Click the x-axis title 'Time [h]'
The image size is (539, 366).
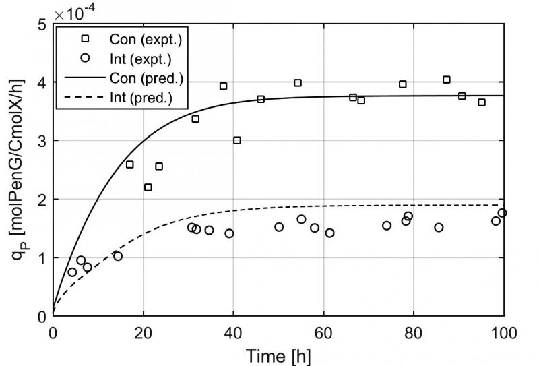[x=278, y=355]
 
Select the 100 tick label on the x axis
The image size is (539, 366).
[x=503, y=333]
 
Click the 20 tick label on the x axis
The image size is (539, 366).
[x=143, y=333]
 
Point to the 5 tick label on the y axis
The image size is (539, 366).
[x=42, y=25]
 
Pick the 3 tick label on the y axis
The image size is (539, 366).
[x=42, y=141]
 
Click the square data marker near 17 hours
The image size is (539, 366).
[x=130, y=164]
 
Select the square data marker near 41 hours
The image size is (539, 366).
[x=237, y=140]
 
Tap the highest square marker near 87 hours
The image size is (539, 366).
[x=446, y=80]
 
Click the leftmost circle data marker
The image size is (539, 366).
[x=72, y=272]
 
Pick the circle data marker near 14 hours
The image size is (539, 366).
[x=118, y=256]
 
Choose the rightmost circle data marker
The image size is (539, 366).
[x=502, y=213]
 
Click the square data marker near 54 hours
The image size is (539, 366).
[x=298, y=83]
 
